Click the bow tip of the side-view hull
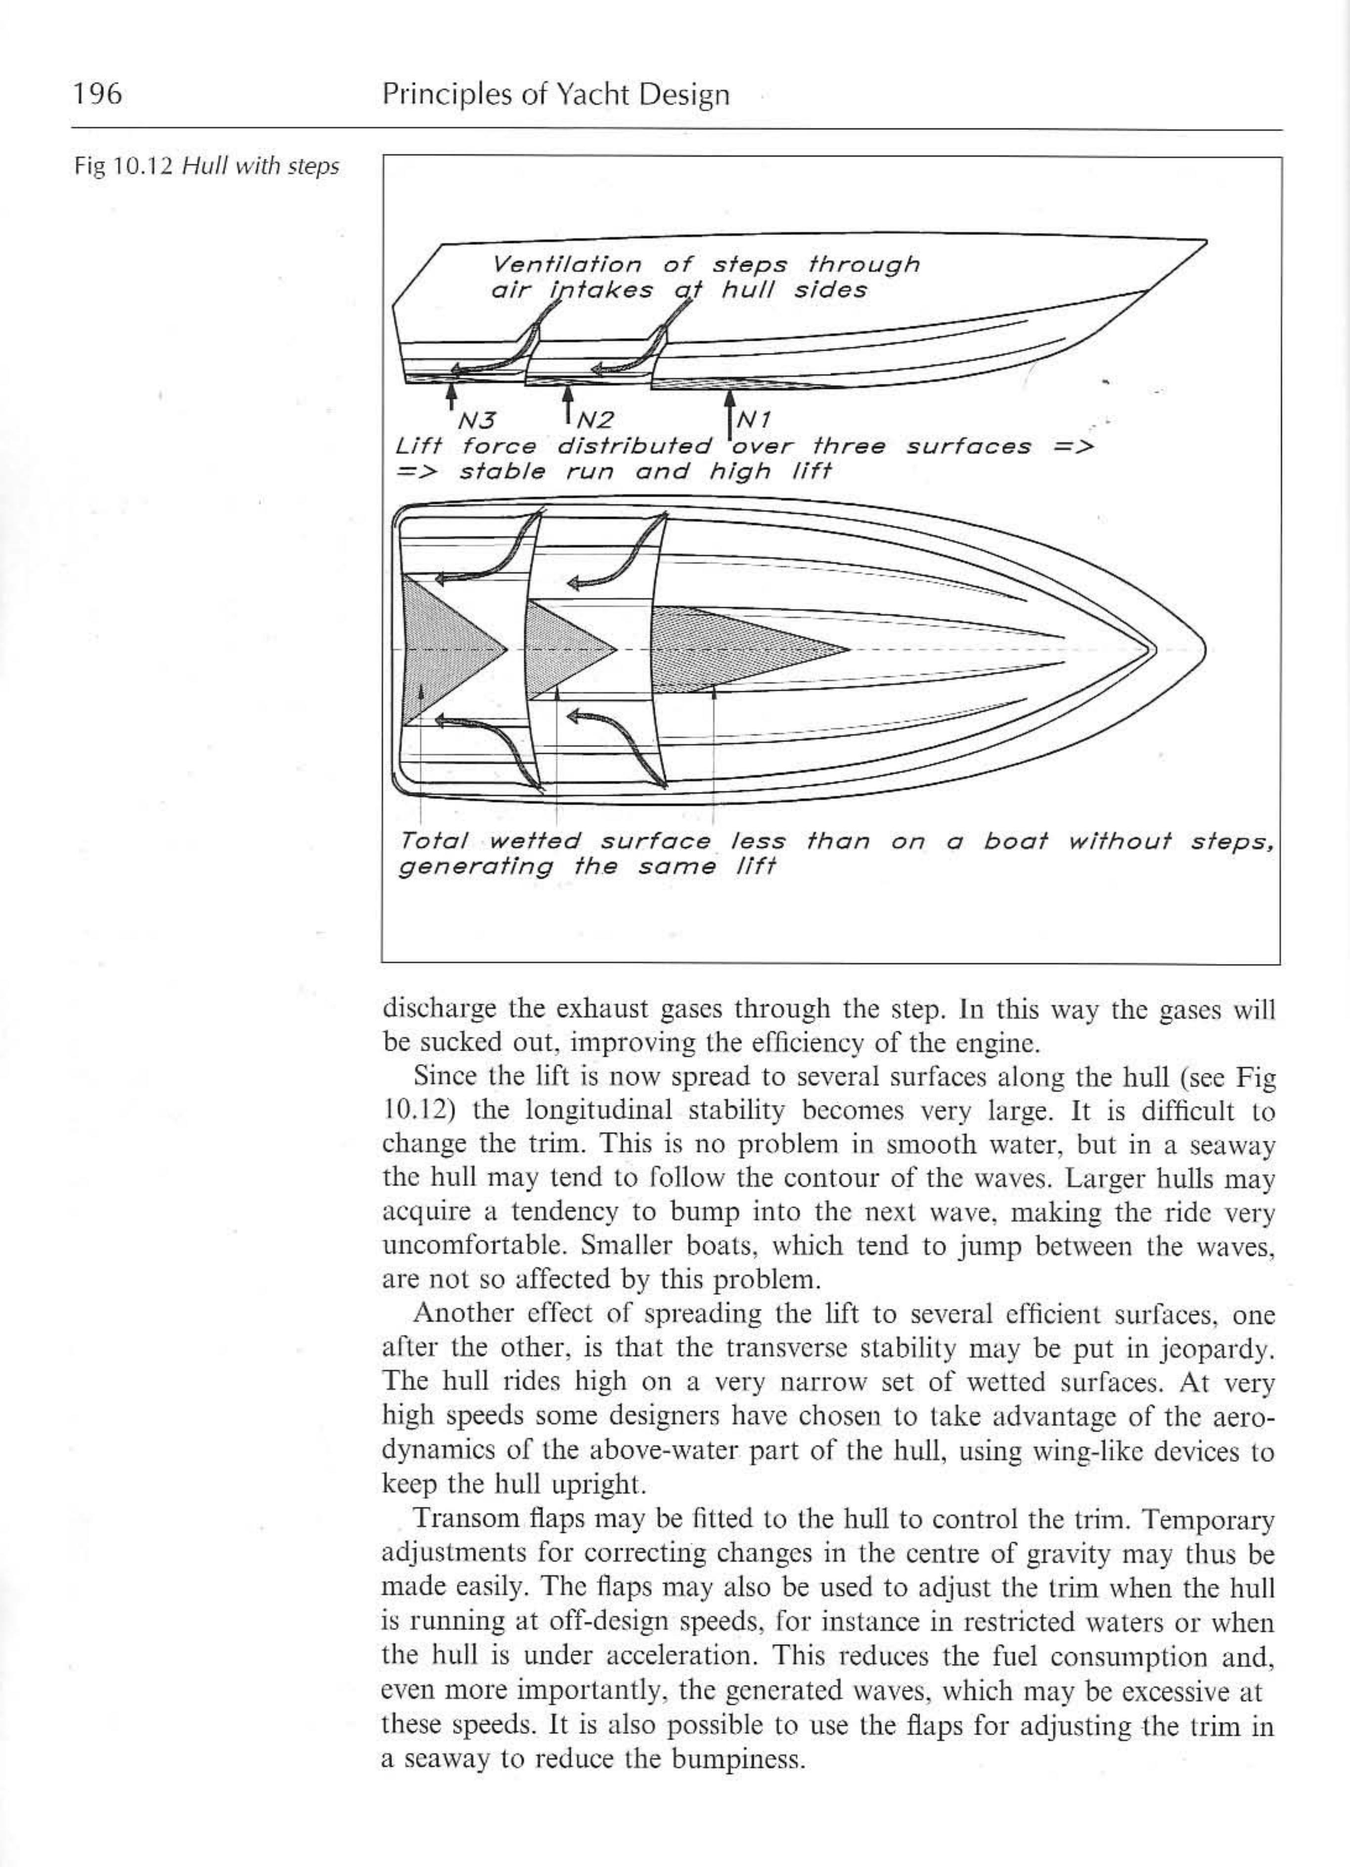pyautogui.click(x=1204, y=241)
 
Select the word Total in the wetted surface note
pyautogui.click(x=433, y=841)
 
